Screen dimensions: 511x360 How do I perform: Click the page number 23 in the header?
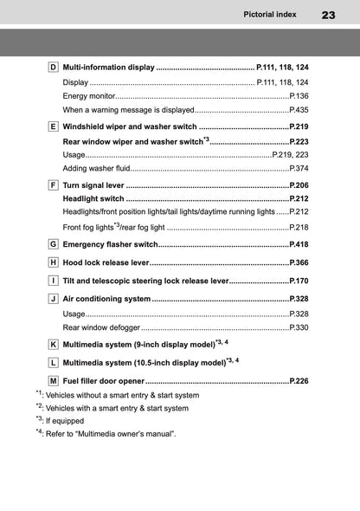click(x=328, y=15)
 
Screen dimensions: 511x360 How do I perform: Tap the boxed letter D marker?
click(x=54, y=67)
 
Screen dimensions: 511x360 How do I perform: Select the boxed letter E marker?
click(x=54, y=126)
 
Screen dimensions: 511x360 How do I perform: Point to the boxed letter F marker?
click(x=54, y=185)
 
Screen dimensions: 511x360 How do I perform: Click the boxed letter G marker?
click(x=54, y=244)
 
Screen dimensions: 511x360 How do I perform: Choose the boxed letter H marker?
click(x=54, y=262)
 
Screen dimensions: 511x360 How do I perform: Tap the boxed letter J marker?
click(x=54, y=299)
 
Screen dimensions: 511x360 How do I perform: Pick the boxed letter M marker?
click(x=54, y=380)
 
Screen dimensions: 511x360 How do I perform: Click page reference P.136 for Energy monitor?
click(x=299, y=96)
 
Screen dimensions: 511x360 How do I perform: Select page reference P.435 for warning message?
click(x=299, y=110)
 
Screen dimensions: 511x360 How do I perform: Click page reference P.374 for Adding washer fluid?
click(x=299, y=168)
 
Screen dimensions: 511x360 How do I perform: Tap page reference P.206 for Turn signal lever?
click(x=299, y=185)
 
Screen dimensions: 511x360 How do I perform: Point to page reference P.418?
click(x=299, y=244)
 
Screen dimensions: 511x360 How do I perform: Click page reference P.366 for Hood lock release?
click(x=299, y=262)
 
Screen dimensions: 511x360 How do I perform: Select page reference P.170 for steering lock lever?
click(x=299, y=281)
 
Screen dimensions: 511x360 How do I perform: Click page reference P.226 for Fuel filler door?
click(x=299, y=380)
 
